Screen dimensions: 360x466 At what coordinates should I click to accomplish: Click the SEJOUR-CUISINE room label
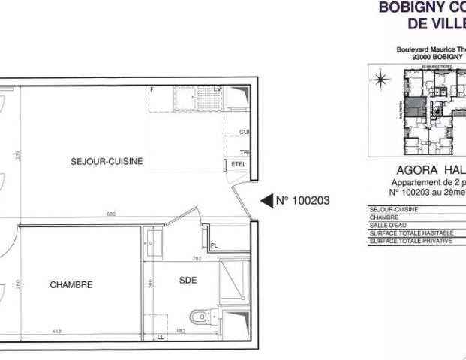coord(106,161)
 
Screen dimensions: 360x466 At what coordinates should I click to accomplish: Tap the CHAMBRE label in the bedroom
coord(71,285)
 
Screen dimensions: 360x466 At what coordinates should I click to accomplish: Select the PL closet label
coord(214,245)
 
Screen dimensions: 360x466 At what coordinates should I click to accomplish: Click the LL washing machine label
coord(160,337)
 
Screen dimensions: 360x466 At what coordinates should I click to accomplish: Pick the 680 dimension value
coord(111,215)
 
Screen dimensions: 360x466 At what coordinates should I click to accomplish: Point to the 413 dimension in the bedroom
coord(57,331)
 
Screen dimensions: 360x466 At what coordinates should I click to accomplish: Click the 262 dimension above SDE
coord(197,259)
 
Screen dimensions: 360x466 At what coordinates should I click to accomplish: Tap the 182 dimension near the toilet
coord(180,331)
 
